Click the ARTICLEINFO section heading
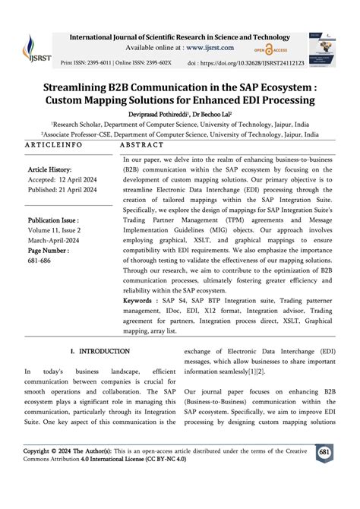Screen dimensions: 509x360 pyautogui.click(x=55, y=144)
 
